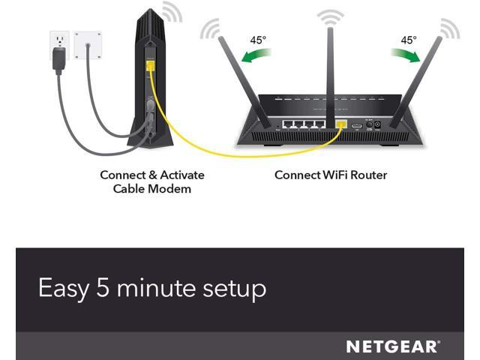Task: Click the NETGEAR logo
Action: (392, 346)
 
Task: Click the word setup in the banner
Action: (235, 289)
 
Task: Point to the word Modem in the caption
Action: (173, 188)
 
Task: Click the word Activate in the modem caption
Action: (180, 175)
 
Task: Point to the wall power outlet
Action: (61, 40)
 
